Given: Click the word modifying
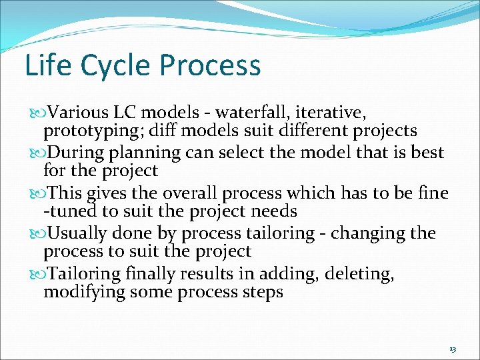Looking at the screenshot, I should point(83,292).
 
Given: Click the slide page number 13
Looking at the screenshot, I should point(453,349).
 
